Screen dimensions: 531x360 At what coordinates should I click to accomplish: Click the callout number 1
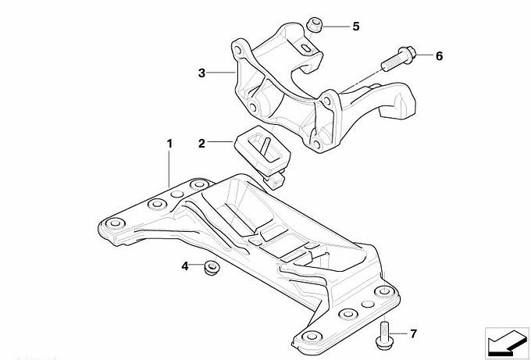tap(169, 144)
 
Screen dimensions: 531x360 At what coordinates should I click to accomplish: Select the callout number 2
tap(201, 143)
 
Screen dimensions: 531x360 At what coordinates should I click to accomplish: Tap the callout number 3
tap(201, 73)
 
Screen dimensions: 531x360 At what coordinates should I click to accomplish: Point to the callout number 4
tap(184, 266)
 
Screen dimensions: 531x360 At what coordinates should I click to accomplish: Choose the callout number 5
tap(355, 27)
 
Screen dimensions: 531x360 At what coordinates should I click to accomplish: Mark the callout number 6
tap(439, 56)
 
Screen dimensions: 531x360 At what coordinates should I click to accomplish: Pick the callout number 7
tap(413, 334)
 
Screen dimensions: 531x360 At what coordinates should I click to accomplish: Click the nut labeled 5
tap(314, 26)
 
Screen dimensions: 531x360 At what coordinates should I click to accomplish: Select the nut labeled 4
tap(211, 268)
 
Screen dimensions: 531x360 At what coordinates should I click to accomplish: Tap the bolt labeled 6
tap(399, 59)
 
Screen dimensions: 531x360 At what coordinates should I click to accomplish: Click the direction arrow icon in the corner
tap(507, 343)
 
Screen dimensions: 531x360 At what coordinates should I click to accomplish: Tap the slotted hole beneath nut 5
tap(306, 48)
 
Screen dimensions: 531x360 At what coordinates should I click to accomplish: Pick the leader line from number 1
tap(169, 169)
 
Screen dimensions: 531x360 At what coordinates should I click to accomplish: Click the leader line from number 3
tap(221, 73)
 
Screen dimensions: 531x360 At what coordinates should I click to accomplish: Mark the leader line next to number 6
tap(424, 55)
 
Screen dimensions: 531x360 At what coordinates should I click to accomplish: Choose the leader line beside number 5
tap(336, 26)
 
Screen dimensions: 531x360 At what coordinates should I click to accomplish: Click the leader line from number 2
tap(221, 142)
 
